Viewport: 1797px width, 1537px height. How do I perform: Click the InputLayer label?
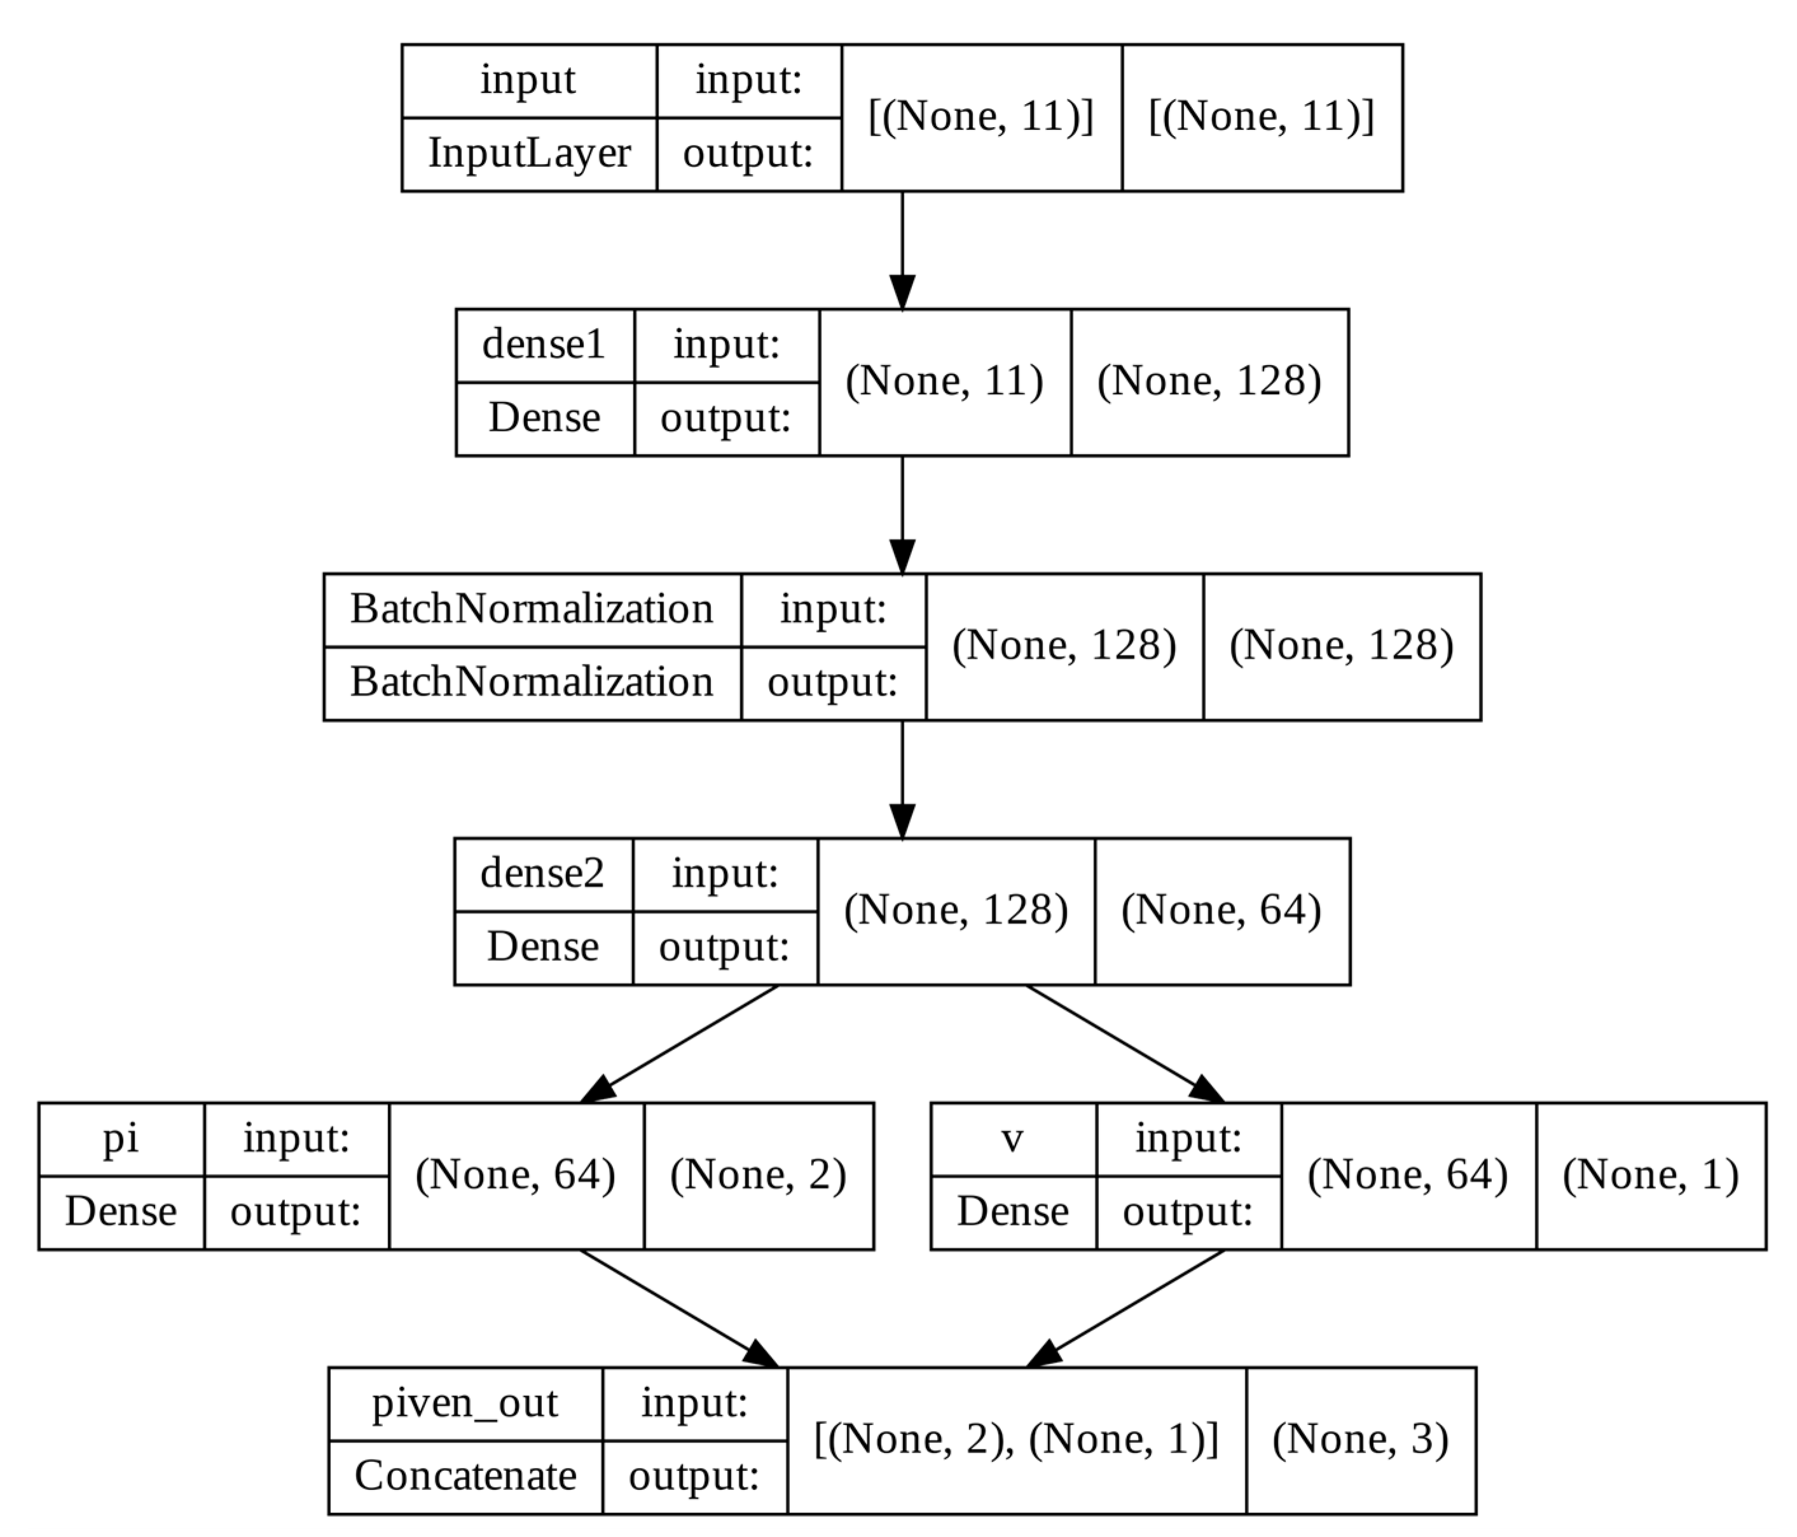529,153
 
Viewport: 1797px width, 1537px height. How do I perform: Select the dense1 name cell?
544,345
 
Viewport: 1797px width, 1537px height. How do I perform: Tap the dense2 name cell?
542,874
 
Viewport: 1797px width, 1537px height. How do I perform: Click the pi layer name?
121,1138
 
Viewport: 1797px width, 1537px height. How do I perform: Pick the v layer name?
1012,1138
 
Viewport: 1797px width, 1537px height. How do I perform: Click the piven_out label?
465,1403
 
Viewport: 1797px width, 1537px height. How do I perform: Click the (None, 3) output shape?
1360,1439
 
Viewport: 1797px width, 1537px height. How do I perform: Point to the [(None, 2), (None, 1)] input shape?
1016,1439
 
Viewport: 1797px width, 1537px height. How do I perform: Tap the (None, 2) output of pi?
758,1175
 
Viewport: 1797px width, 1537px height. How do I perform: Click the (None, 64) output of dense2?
1221,911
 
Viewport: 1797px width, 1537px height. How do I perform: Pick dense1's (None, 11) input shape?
944,382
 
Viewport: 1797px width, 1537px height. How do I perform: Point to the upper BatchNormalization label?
532,609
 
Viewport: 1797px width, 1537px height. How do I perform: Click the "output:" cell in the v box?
1187,1212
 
